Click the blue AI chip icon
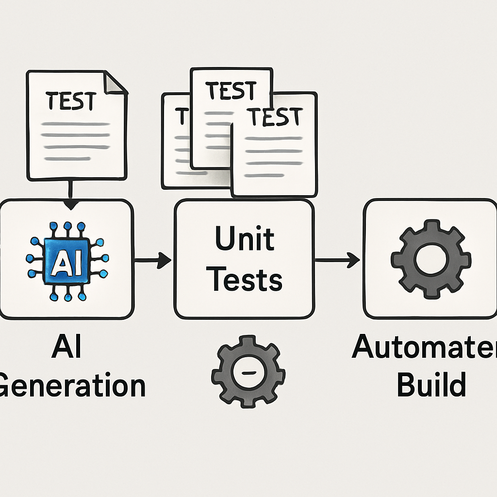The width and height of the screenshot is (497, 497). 67,261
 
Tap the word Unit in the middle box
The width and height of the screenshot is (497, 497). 244,239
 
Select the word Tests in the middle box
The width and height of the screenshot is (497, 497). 247,280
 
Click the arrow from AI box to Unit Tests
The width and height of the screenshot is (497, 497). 152,261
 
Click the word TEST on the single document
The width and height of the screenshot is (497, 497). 70,101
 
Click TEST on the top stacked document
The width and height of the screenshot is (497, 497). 230,90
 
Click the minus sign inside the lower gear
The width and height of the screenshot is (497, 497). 248,372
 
